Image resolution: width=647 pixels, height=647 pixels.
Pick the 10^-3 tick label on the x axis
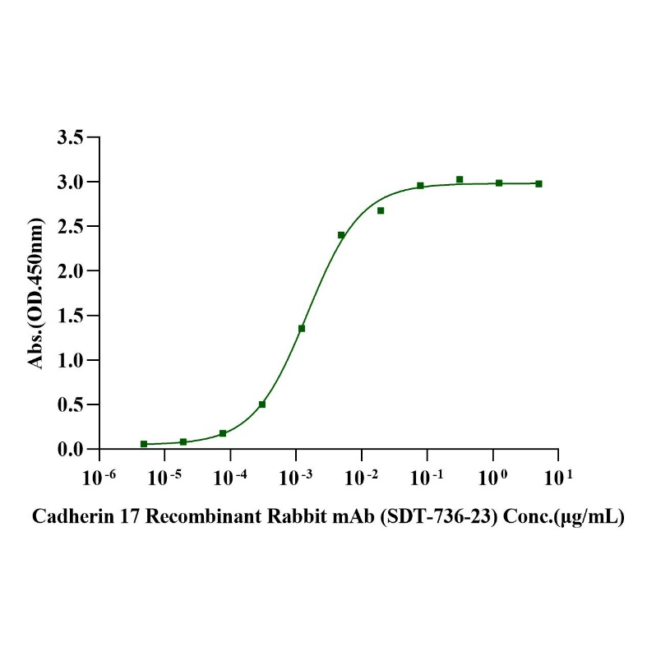295,476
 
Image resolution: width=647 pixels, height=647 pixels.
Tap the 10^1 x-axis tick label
557,476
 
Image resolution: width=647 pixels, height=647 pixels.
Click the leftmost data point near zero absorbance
144,444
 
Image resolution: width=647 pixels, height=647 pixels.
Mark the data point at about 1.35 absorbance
302,329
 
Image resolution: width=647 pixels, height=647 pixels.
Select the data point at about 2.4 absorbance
341,235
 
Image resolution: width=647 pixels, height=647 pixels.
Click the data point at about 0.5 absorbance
262,404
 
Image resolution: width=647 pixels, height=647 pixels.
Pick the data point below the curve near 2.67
381,210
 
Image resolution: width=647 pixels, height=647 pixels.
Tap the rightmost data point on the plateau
538,184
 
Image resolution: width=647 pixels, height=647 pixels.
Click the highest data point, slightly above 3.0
460,179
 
